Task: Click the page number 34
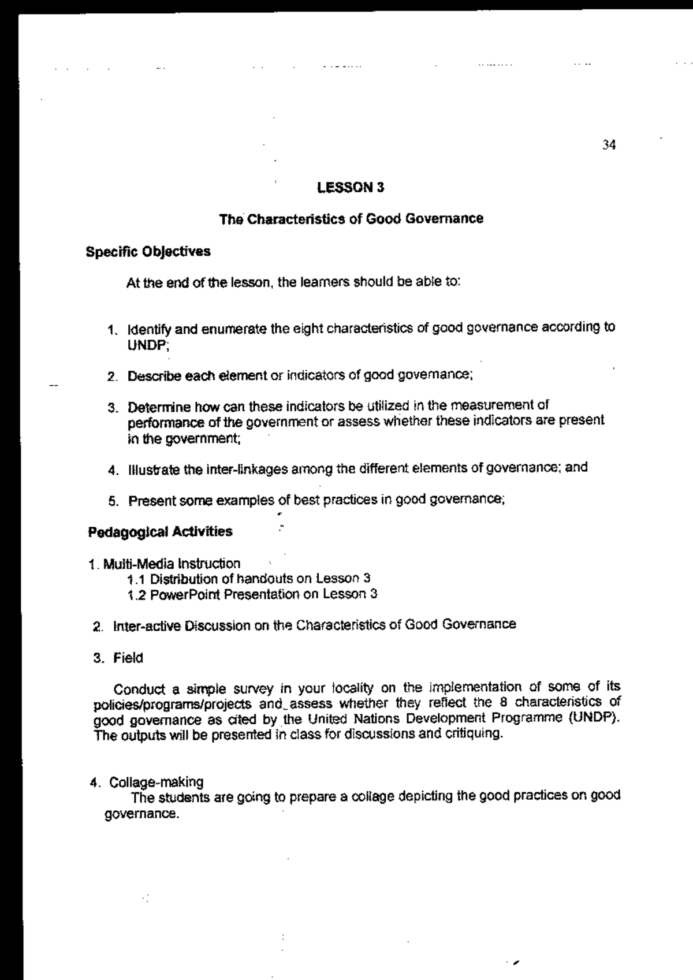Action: point(609,145)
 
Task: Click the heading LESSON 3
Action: point(351,187)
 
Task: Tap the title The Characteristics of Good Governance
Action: point(351,219)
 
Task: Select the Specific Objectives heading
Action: point(148,252)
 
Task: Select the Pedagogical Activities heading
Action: point(160,531)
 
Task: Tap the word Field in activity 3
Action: point(128,658)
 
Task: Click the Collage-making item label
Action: point(156,782)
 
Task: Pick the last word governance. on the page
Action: point(139,814)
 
